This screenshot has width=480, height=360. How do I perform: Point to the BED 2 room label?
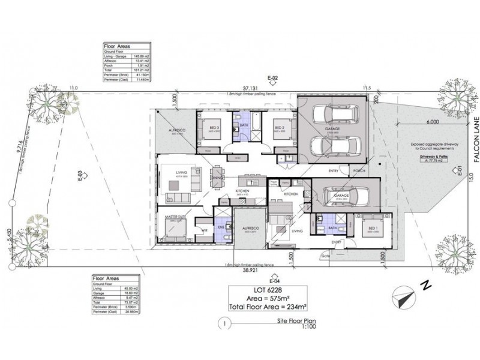click(278, 128)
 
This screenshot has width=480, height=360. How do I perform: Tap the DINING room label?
click(217, 178)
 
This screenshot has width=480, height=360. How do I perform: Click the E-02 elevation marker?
click(273, 78)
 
